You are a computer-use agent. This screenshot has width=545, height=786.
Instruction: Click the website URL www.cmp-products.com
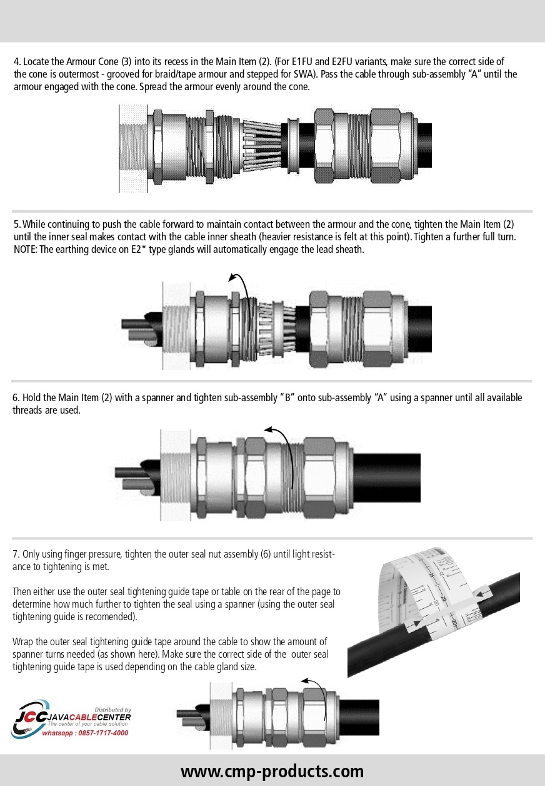tap(272, 770)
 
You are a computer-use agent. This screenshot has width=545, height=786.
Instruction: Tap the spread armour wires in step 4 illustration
tap(260, 145)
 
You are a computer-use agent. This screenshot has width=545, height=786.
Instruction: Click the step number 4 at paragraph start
tap(16, 63)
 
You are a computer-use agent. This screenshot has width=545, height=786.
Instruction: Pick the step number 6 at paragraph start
tap(16, 398)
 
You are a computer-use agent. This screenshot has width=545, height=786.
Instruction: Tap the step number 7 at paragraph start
tap(16, 555)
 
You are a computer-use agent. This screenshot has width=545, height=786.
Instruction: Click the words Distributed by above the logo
tap(112, 702)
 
